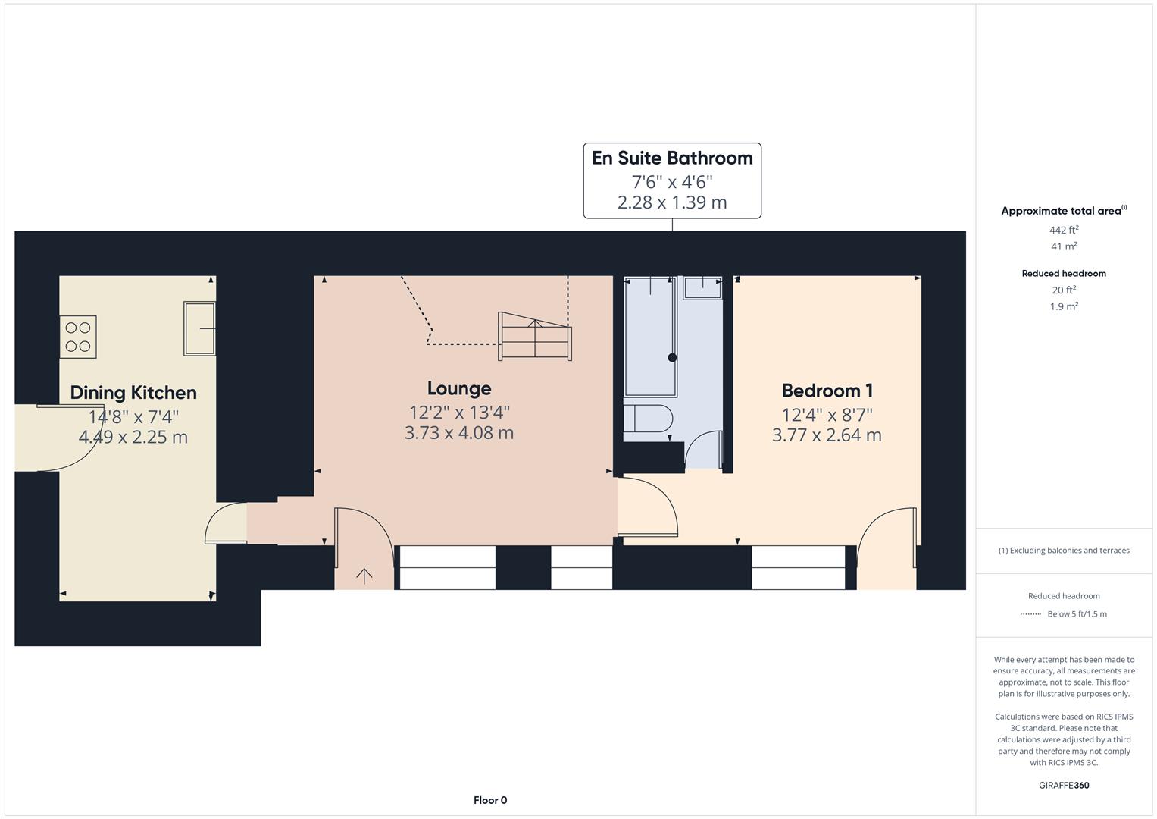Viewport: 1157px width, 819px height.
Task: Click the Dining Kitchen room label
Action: (133, 393)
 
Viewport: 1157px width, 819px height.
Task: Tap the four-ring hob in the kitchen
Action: (78, 337)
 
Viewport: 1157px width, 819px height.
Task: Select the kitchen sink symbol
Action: (199, 328)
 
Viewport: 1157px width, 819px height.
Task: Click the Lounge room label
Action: (459, 388)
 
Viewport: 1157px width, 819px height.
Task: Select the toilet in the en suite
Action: (648, 422)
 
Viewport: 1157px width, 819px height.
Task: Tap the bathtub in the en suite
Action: (650, 336)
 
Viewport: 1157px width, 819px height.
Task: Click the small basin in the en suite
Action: (703, 288)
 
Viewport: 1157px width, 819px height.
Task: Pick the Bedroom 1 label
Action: (827, 391)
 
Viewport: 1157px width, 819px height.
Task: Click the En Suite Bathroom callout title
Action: (672, 158)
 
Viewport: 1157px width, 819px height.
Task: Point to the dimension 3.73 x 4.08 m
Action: (459, 433)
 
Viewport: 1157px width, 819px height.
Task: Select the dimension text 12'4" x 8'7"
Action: (827, 415)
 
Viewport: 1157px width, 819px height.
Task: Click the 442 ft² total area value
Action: (1064, 230)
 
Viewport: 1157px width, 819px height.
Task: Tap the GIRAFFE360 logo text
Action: (1064, 785)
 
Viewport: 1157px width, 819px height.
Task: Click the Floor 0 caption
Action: (490, 800)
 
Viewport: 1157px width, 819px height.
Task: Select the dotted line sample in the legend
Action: (1030, 614)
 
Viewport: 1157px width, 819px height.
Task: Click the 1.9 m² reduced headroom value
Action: (1064, 306)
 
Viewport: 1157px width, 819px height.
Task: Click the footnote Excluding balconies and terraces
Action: (1064, 551)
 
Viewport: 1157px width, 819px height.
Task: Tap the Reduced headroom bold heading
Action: (1064, 274)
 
